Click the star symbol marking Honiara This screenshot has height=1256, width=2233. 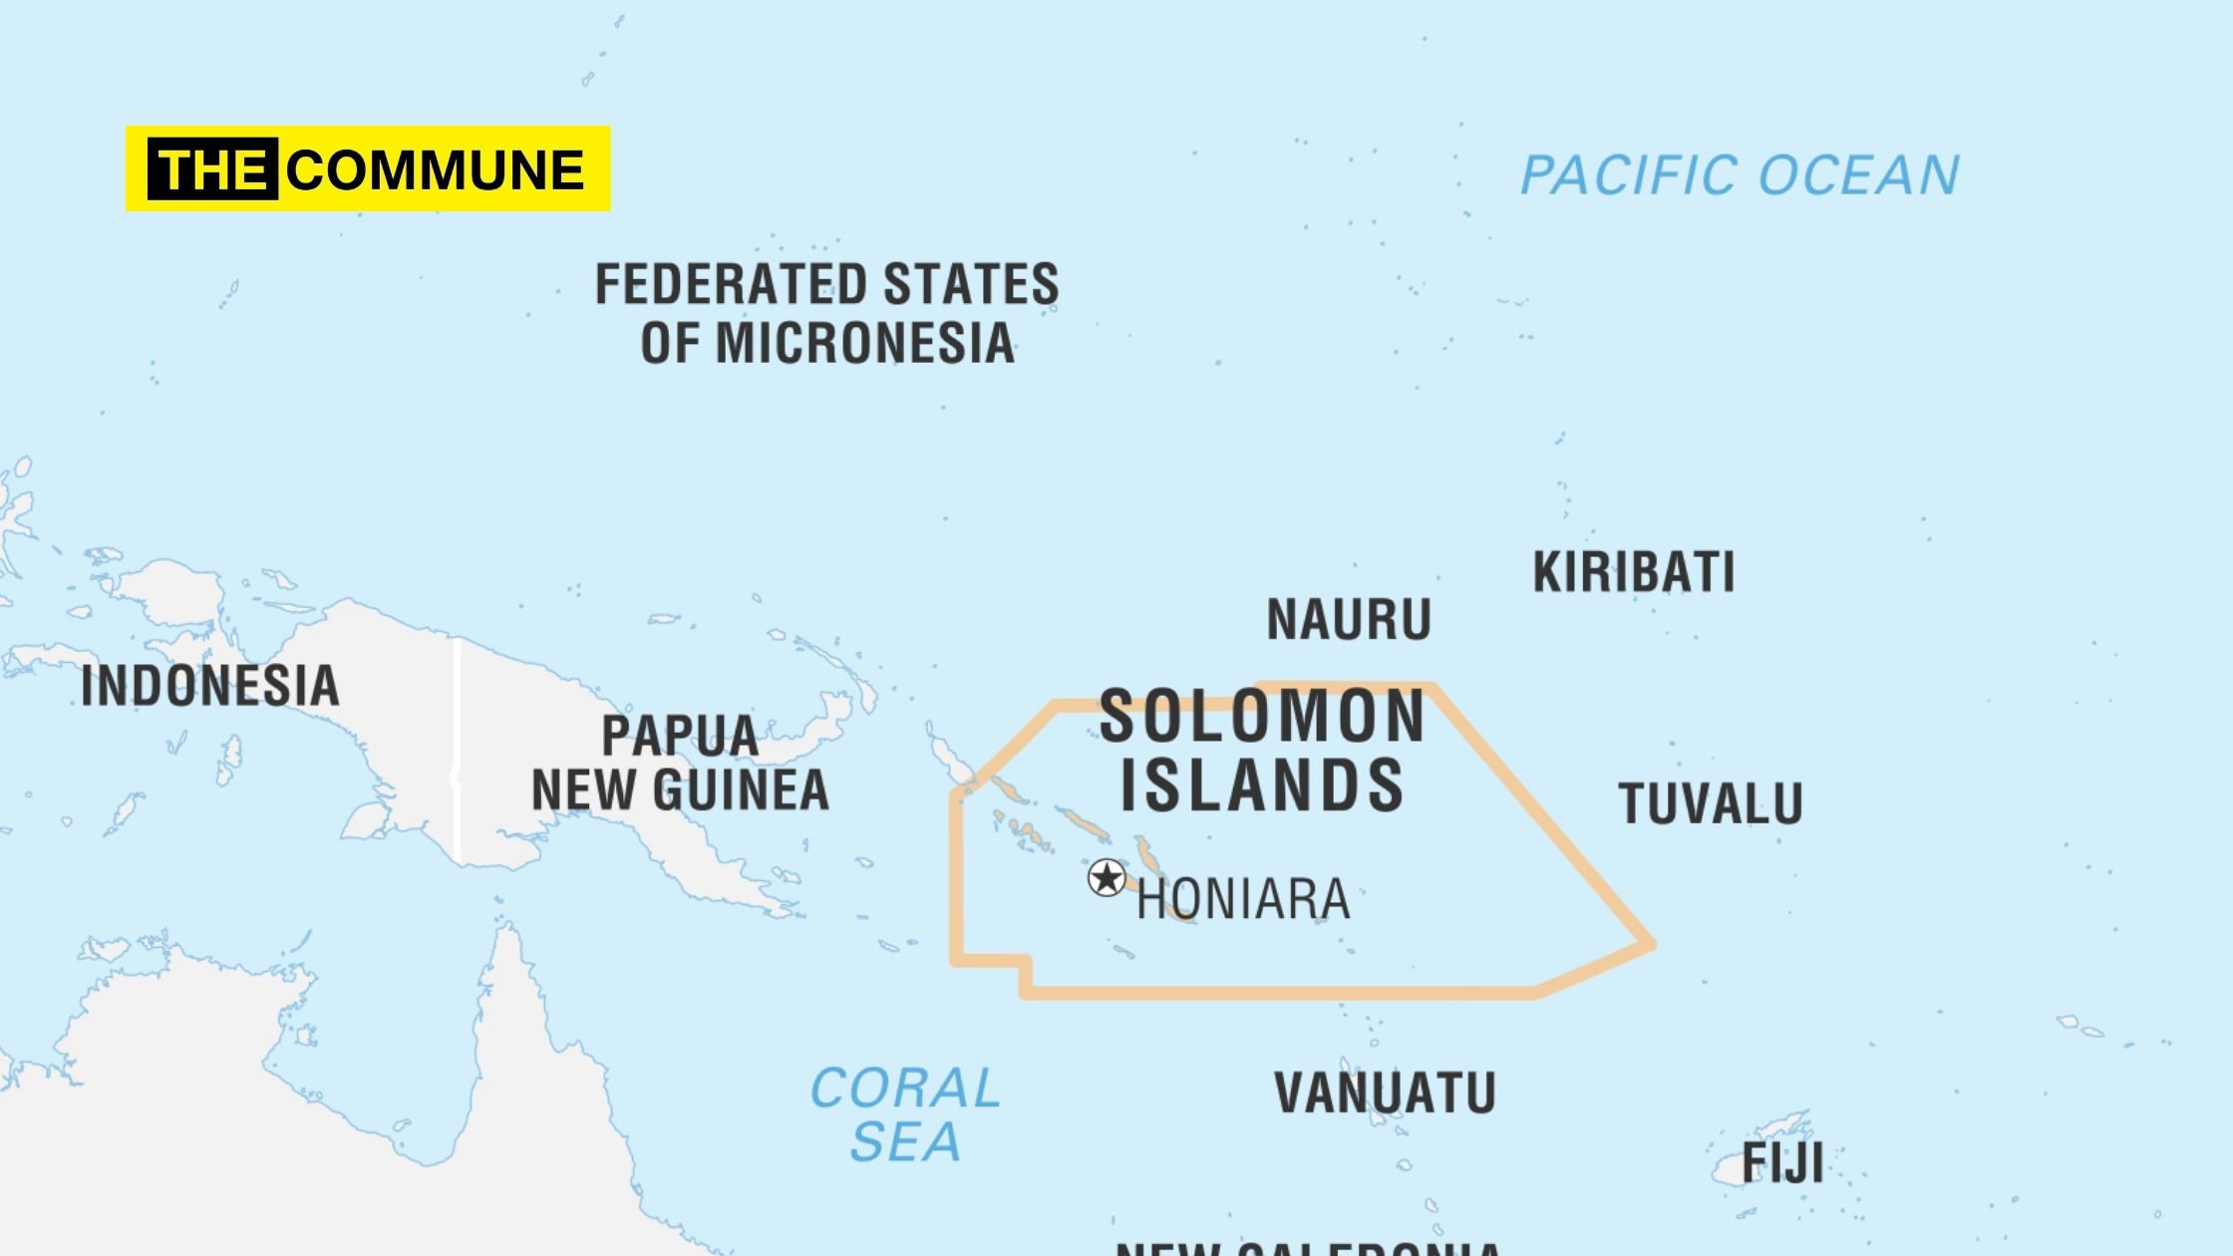1107,878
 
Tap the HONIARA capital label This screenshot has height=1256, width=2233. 1243,899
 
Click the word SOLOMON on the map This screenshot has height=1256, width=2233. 1262,717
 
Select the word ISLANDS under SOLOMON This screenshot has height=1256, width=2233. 1262,785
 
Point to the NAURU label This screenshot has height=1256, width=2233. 1349,620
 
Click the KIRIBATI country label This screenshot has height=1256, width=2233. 1634,572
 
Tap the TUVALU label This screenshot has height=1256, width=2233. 1711,803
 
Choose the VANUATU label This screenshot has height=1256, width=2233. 1385,1093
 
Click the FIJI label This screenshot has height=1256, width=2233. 1782,1162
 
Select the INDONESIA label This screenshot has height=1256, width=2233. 209,687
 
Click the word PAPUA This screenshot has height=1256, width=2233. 680,737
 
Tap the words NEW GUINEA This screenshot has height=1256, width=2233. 680,790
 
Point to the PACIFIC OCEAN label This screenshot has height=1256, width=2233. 1740,175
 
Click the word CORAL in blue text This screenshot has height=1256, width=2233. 905,1088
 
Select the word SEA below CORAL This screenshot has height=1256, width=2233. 905,1141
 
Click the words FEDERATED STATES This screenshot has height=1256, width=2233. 826,284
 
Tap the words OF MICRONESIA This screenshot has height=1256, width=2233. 826,343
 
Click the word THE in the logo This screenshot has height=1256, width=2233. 212,169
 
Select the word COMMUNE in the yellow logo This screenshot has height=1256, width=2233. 436,169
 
